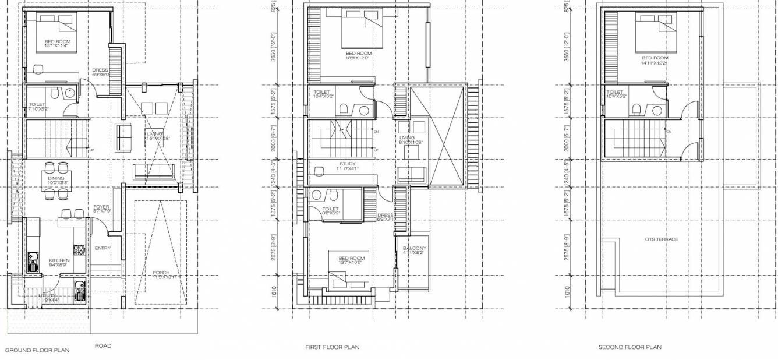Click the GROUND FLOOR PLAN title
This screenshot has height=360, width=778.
click(37, 351)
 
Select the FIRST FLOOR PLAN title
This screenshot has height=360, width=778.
click(332, 347)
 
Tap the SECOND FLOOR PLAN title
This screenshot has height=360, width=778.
click(630, 347)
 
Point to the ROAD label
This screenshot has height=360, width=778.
click(103, 346)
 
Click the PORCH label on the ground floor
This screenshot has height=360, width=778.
click(161, 273)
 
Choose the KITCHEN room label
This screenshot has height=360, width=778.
click(59, 260)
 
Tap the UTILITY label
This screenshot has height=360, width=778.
click(48, 296)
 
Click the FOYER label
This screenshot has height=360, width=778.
click(101, 207)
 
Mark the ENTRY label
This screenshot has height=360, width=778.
click(102, 248)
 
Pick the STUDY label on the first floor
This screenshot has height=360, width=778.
click(348, 164)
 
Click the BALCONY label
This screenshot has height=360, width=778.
click(415, 248)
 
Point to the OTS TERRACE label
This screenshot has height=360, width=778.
click(661, 239)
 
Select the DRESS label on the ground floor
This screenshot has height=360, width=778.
click(100, 70)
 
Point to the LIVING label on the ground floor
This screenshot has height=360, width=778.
click(154, 133)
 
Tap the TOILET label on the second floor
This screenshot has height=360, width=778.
click(614, 92)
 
